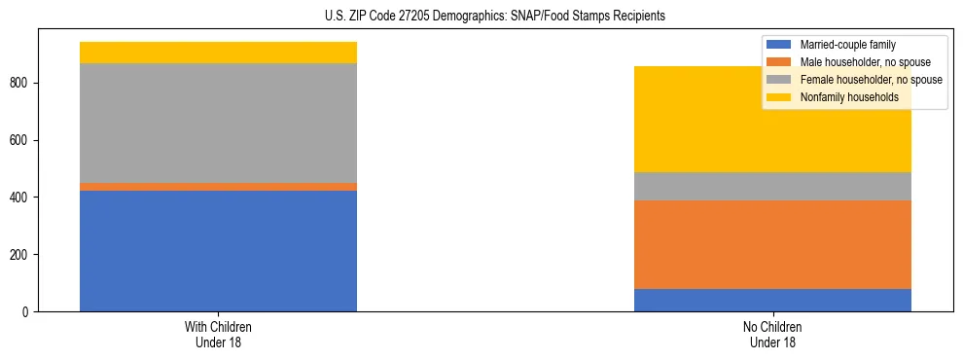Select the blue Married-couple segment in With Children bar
pos(218,251)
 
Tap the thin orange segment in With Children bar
pos(218,187)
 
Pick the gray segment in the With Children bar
pos(218,123)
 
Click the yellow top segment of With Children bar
pos(218,53)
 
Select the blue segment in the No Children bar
pos(772,300)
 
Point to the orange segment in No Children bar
pos(772,244)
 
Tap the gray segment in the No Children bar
pos(772,186)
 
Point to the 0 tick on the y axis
pos(26,312)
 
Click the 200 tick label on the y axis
pos(20,255)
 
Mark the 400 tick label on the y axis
pos(20,198)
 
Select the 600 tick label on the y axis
pos(20,140)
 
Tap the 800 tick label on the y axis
pos(20,84)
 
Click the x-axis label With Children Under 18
pos(218,335)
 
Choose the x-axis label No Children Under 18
pos(772,335)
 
